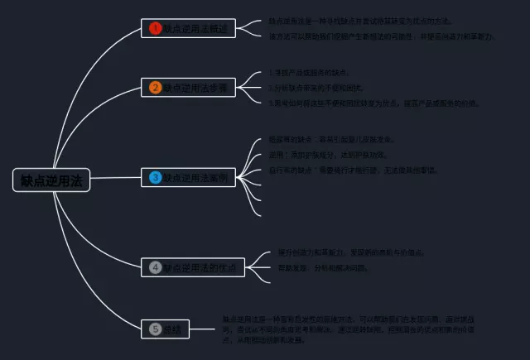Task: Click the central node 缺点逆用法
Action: coord(51,180)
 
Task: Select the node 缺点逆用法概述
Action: coord(192,28)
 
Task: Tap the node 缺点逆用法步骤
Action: coord(192,87)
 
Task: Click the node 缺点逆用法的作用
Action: coord(192,267)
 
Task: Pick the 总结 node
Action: coord(166,329)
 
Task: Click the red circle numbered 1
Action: coord(155,28)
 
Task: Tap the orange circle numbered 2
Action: coord(155,87)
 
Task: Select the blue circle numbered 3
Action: coord(155,177)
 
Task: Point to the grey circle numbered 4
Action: coord(155,267)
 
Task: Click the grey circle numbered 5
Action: coord(155,329)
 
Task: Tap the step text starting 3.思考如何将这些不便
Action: coord(373,103)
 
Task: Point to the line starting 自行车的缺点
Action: coord(352,170)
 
